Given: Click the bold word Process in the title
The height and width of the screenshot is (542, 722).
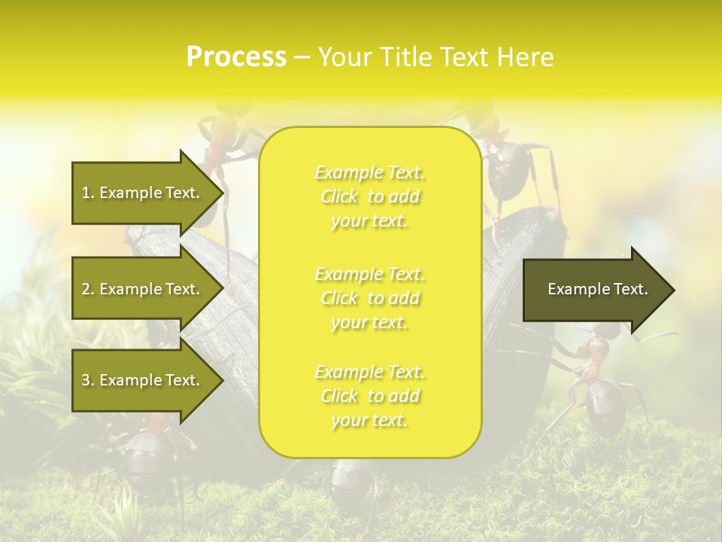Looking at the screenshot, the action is tap(236, 57).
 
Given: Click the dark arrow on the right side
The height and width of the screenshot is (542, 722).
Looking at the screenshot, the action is tap(590, 290).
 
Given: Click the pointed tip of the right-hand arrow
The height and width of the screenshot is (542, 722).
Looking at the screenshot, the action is tap(673, 290).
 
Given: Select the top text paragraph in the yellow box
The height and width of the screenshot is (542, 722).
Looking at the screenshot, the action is tap(369, 196).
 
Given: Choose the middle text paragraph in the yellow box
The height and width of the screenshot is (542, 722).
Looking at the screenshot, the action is tap(369, 298).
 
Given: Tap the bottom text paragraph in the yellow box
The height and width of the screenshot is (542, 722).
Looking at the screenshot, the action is tap(369, 396).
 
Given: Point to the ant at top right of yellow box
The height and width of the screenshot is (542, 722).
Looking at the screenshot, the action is tap(511, 166).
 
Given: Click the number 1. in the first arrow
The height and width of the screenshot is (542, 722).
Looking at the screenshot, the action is tap(87, 193).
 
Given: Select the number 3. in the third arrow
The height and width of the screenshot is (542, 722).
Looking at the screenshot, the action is tap(87, 380).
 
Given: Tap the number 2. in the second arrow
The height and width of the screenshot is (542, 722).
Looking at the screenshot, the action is tap(87, 289).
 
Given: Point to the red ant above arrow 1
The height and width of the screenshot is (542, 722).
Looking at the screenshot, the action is tap(218, 143).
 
